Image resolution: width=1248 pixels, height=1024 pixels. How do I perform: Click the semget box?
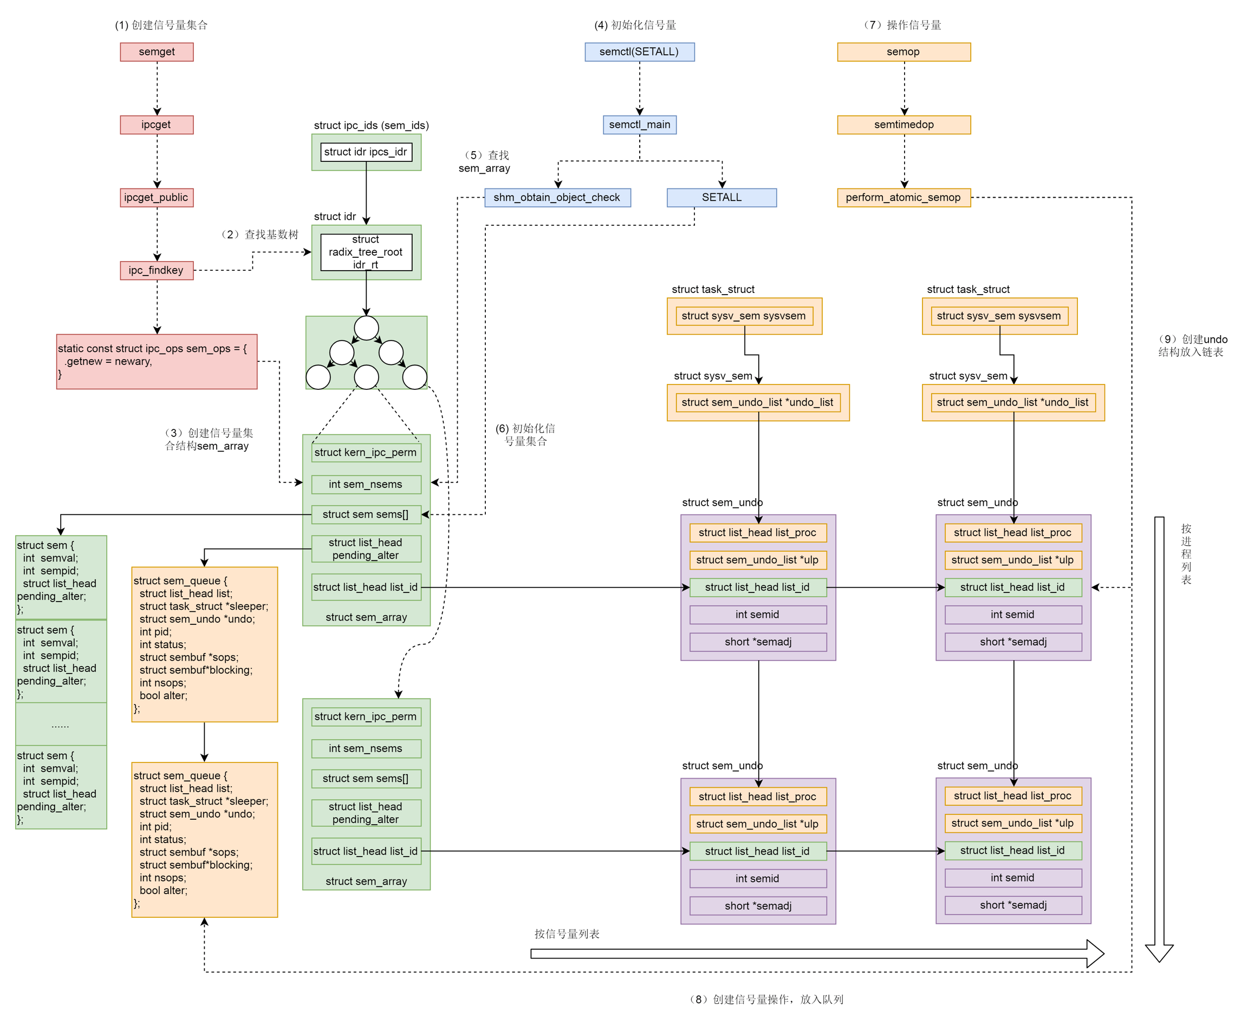[x=157, y=52]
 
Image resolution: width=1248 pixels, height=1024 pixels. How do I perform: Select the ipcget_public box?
[x=157, y=198]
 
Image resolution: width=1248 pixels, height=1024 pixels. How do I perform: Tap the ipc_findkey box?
[x=157, y=270]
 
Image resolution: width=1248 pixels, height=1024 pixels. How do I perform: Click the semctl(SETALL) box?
[x=639, y=52]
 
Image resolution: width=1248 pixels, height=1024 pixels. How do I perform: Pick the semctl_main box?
[x=639, y=125]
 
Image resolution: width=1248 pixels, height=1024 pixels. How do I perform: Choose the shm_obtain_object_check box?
[x=557, y=198]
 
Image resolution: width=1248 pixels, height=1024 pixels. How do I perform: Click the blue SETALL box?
[x=721, y=198]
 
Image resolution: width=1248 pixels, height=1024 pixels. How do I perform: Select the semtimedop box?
[x=903, y=125]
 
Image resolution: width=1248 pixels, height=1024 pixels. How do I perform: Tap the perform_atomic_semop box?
[x=903, y=198]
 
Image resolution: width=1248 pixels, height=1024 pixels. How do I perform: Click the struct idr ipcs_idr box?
[x=366, y=152]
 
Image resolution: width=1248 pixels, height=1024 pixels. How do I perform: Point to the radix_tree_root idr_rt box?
[x=366, y=252]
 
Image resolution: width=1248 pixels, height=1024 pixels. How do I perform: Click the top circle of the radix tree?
[x=366, y=328]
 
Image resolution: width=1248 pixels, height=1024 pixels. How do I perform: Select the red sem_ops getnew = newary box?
[x=157, y=361]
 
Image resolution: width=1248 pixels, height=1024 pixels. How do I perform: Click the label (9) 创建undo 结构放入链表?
[x=1192, y=345]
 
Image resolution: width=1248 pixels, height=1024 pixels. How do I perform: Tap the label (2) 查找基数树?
[x=260, y=235]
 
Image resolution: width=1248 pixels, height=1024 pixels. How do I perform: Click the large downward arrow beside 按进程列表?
[x=1159, y=738]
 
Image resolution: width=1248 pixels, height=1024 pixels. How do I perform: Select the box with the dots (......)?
[x=61, y=725]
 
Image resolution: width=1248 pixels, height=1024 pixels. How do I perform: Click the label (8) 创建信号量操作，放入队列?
[x=766, y=999]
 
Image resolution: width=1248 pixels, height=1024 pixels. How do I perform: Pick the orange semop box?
[x=903, y=52]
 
